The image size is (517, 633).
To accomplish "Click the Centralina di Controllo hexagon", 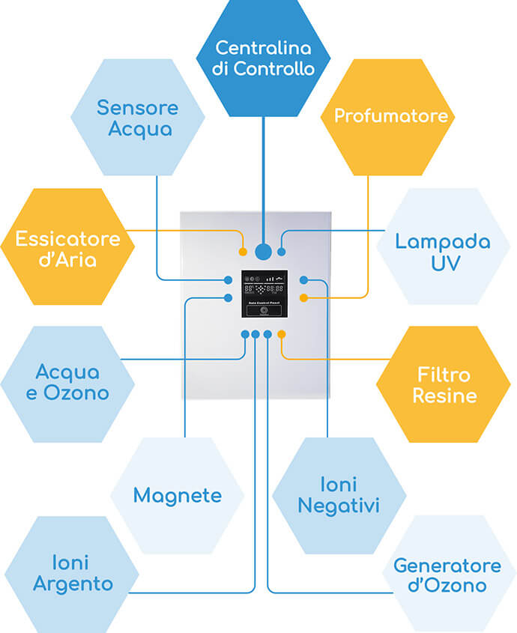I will [x=263, y=58].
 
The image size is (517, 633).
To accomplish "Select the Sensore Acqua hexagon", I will [x=138, y=118].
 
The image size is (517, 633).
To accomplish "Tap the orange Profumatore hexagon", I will [x=390, y=116].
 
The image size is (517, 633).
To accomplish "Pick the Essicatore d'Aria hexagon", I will [x=67, y=248].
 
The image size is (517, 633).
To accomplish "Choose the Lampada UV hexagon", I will [x=443, y=252].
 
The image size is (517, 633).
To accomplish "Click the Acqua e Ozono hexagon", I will [x=67, y=383].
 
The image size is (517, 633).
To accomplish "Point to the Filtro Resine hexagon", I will [x=443, y=384].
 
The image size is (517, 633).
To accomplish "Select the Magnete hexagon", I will [x=178, y=495].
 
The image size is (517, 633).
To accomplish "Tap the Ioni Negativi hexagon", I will [x=339, y=495].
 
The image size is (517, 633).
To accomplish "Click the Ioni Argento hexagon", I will [x=72, y=573].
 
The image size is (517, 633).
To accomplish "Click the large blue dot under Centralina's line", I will [x=263, y=252].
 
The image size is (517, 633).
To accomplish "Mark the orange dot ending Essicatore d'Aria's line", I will [x=243, y=252].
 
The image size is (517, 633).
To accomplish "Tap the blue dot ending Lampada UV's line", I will [x=282, y=252].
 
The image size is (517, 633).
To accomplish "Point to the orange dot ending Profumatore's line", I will [x=303, y=298].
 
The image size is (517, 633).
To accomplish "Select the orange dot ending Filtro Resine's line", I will [x=281, y=333].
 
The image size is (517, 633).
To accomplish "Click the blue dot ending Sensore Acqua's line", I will [x=229, y=280].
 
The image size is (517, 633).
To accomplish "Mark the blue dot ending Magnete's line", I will [x=229, y=298].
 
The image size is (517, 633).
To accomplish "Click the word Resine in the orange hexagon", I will [x=444, y=395].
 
